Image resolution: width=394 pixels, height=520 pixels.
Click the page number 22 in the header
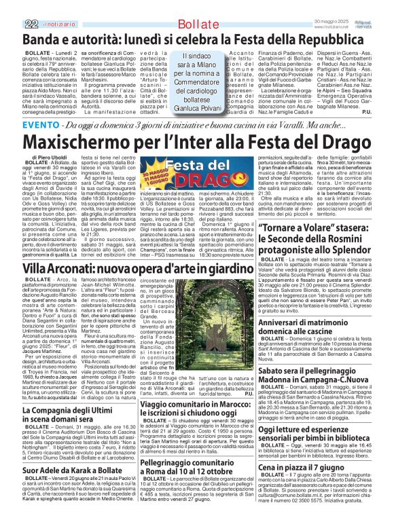(x=31, y=7)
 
